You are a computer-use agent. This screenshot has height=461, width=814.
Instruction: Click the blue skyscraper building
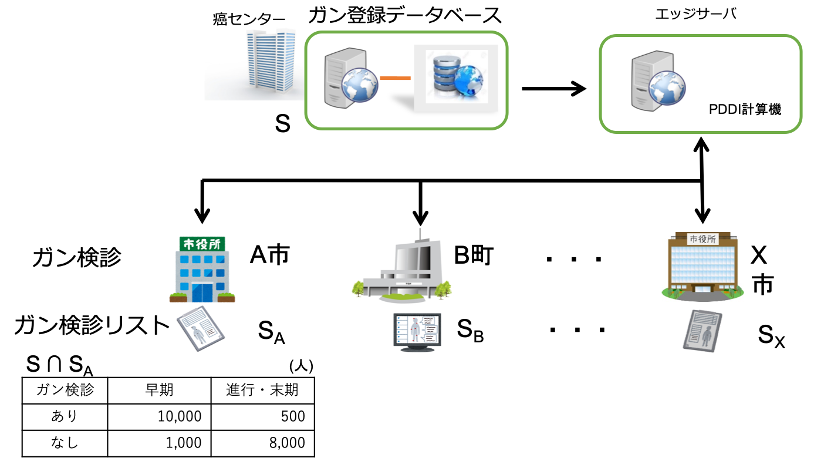point(270,62)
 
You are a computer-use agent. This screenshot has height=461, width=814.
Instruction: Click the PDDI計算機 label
point(745,109)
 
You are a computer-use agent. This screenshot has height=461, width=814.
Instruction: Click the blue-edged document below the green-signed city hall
point(201,328)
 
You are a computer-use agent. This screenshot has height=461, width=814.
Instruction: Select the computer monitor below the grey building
point(417,331)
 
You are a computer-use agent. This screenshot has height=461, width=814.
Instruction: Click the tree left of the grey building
point(359,288)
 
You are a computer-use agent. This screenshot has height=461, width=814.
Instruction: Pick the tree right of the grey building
point(444,288)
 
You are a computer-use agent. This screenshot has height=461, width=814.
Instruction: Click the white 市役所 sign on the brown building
point(702,239)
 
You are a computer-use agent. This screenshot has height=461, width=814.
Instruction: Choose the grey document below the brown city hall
point(702,330)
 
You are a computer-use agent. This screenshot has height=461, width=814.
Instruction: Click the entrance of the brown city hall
point(702,288)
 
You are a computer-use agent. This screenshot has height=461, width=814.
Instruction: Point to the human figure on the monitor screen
point(416,329)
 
